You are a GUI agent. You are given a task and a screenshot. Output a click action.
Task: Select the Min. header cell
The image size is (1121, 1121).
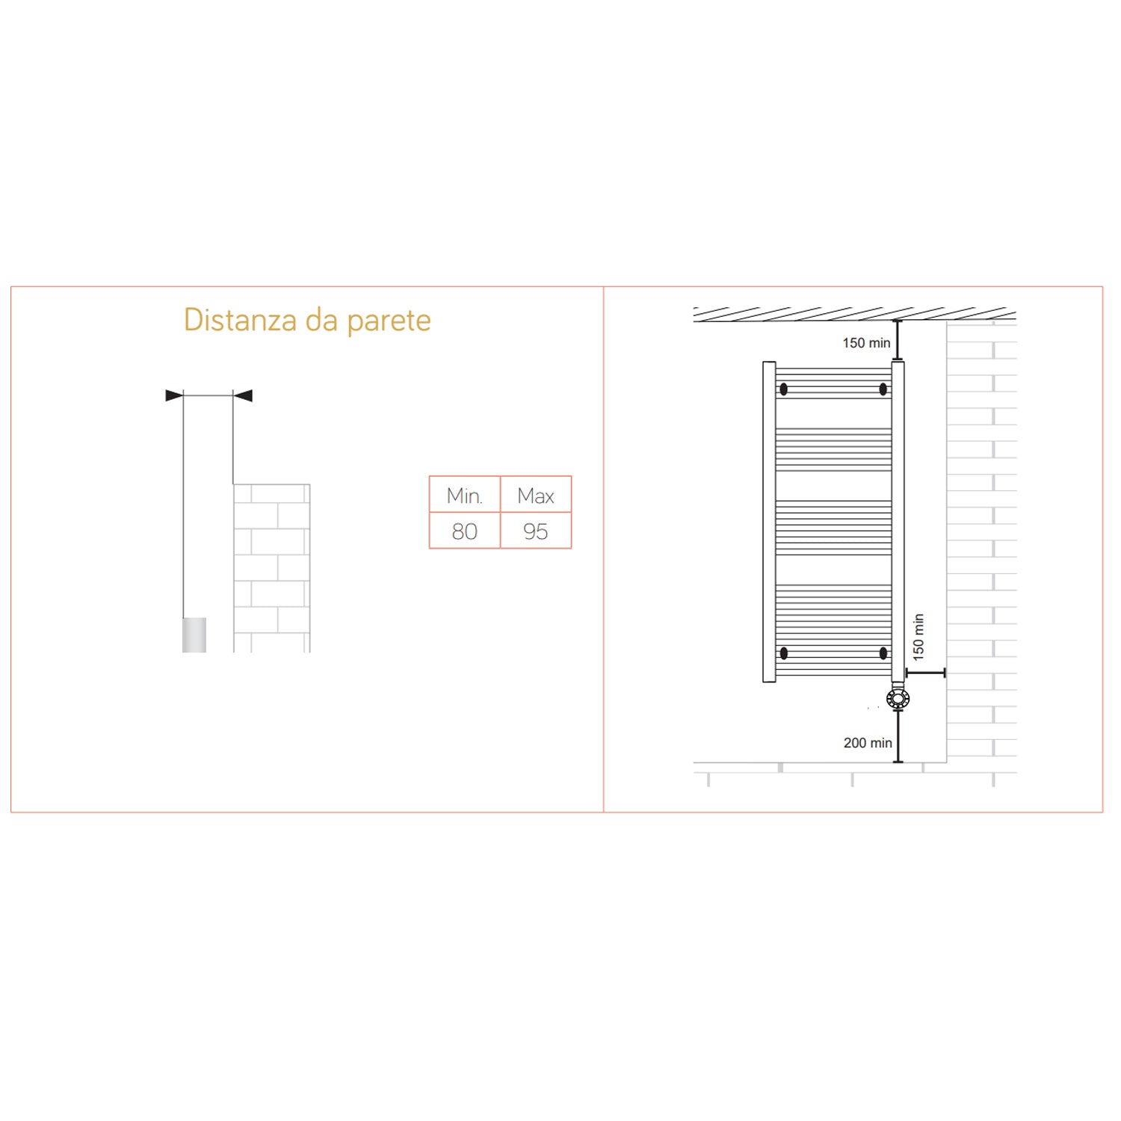[464, 495]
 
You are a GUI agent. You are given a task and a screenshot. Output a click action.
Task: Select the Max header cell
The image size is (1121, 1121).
[536, 495]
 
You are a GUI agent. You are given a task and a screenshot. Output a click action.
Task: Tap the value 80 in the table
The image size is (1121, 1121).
[464, 531]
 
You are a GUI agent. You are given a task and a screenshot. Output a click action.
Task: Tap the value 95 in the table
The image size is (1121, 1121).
[536, 531]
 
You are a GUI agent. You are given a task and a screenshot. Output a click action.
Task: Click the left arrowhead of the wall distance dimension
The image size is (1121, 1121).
[174, 395]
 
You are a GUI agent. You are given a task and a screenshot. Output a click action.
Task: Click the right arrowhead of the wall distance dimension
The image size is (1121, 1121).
[243, 395]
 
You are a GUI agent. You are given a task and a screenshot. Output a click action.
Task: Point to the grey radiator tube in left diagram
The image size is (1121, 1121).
[194, 634]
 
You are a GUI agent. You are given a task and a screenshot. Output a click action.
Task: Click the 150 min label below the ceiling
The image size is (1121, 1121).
[866, 343]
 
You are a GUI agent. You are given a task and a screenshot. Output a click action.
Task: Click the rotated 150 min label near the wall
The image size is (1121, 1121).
[918, 637]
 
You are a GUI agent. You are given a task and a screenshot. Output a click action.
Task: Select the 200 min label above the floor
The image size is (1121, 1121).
[868, 743]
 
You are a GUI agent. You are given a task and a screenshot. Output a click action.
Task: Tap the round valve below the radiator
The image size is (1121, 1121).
[898, 699]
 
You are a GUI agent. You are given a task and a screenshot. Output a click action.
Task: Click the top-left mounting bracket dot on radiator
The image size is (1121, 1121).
[784, 389]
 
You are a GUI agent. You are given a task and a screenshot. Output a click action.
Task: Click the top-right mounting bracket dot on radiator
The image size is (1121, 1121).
[883, 389]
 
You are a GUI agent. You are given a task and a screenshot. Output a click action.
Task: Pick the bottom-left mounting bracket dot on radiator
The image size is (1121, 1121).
[784, 653]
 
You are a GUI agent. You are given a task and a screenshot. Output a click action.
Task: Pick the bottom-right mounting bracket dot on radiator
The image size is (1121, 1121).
[883, 653]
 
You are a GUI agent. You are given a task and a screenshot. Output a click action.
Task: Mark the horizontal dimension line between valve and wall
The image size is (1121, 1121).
[925, 673]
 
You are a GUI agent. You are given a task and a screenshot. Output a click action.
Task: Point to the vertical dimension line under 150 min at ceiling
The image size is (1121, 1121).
[898, 341]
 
